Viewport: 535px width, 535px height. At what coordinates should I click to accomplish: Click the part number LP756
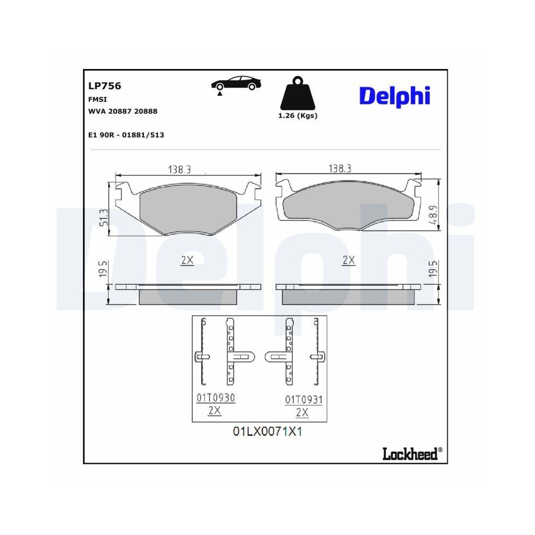(x=104, y=86)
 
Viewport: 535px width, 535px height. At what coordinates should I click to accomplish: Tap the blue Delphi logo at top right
(x=394, y=96)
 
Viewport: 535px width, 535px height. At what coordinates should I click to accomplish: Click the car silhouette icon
(x=236, y=84)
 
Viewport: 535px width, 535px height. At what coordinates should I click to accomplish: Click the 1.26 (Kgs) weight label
(x=298, y=116)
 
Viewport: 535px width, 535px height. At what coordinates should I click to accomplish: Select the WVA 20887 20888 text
(x=123, y=111)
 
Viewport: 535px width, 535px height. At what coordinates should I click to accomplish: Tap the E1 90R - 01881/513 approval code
(x=126, y=135)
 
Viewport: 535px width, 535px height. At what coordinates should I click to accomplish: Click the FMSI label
(x=97, y=99)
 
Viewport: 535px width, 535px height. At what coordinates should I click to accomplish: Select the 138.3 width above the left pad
(x=180, y=169)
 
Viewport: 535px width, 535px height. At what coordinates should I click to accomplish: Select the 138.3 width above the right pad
(x=339, y=169)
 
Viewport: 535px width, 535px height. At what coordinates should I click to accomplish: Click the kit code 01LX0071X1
(x=267, y=431)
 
